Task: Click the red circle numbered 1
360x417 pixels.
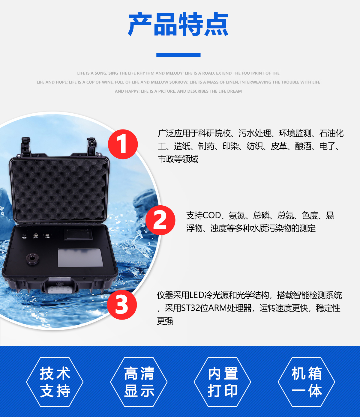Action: (x=123, y=144)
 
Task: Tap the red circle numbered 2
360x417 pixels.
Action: (x=160, y=220)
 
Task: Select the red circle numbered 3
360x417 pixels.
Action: (x=122, y=305)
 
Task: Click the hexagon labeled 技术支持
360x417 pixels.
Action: (x=55, y=382)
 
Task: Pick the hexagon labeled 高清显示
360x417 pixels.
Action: (x=139, y=382)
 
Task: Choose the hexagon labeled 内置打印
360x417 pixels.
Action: (x=222, y=382)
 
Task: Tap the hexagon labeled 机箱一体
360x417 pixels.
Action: (x=306, y=382)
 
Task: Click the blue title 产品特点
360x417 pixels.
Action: (x=178, y=24)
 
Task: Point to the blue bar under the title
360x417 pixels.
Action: (x=178, y=55)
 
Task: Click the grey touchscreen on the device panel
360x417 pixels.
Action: (x=80, y=258)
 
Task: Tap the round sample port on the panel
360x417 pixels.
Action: (x=32, y=259)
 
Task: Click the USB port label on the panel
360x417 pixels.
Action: (x=47, y=237)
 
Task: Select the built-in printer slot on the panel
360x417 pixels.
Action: (x=78, y=235)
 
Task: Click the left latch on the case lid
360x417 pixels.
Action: (x=26, y=146)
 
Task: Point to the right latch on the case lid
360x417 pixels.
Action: (x=92, y=146)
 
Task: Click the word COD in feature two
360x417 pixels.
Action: (x=211, y=216)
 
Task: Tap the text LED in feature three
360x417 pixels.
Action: (x=197, y=295)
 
